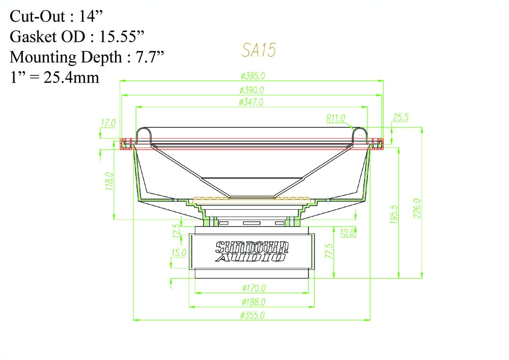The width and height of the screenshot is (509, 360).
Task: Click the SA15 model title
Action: pos(259,51)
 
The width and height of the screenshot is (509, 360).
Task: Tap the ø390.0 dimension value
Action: pos(252,90)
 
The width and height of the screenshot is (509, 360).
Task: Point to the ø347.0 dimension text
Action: pos(251,102)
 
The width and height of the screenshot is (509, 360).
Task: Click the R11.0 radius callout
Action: pos(335,118)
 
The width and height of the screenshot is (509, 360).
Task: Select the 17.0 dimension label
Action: pos(108,123)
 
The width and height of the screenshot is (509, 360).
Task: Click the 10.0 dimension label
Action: pos(347,233)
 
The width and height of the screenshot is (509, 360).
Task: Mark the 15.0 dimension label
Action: pos(179,253)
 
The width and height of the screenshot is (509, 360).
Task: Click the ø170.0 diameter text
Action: pos(252,288)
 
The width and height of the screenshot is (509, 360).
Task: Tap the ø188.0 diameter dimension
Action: pos(252,302)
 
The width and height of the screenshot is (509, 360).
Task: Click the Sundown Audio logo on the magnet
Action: pos(252,250)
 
